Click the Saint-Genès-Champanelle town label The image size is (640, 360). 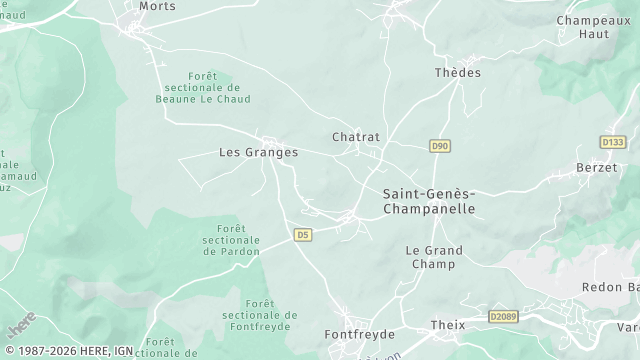(429, 201)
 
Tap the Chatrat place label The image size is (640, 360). (356, 137)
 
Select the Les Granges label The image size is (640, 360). (258, 153)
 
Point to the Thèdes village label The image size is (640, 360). (458, 73)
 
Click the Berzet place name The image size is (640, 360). (597, 168)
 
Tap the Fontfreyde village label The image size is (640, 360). (360, 334)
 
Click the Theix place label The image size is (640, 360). (448, 326)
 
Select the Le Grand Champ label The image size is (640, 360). (433, 257)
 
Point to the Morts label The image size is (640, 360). (158, 6)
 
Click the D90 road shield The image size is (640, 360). (440, 146)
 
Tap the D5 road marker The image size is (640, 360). (303, 235)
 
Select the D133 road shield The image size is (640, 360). (613, 142)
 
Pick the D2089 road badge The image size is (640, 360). (505, 316)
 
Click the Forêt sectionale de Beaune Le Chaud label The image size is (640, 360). (204, 88)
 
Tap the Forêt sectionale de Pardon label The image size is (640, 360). (231, 240)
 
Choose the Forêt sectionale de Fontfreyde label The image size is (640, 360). (260, 315)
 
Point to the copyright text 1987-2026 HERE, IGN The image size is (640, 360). (67, 351)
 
